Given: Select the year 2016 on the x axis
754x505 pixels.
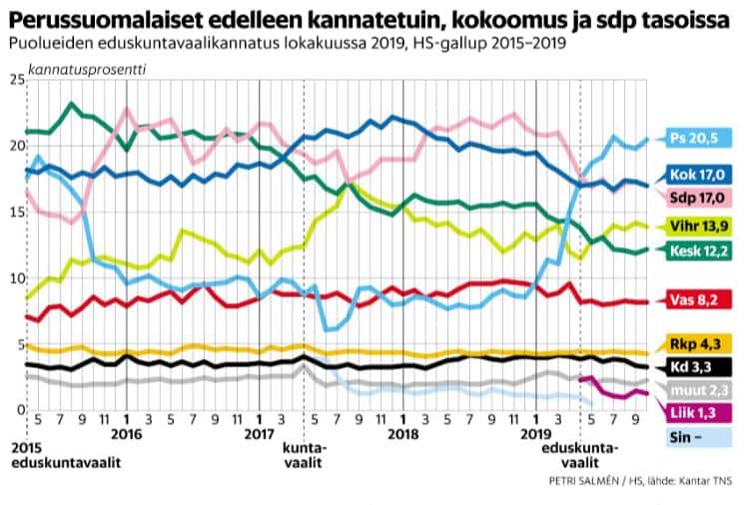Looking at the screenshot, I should click(x=126, y=434).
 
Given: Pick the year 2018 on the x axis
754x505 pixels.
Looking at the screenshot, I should click(x=401, y=434).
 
